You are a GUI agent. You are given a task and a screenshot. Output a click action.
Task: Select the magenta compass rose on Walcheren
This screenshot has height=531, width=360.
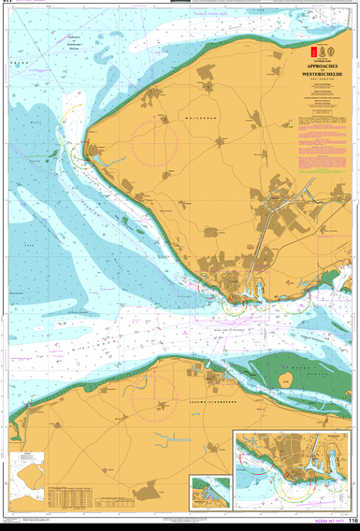[x=154, y=143]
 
